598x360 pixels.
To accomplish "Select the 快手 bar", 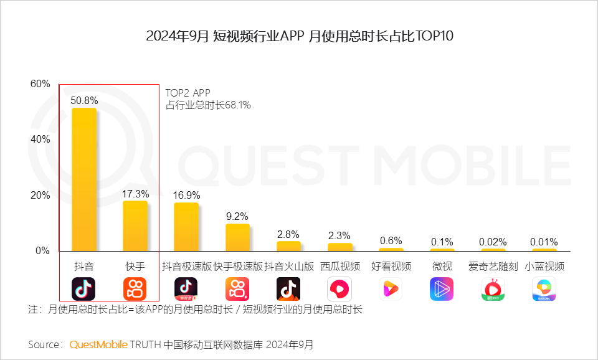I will click(135, 225).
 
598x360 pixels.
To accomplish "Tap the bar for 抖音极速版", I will click(186, 227).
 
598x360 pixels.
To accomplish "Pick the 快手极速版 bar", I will click(237, 237).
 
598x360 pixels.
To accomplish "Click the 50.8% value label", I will click(84, 100).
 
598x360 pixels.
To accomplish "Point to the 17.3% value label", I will click(135, 194).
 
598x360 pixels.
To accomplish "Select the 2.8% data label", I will click(288, 234).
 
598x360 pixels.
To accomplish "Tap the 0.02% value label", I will click(493, 242).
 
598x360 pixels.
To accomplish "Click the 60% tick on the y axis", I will click(40, 84).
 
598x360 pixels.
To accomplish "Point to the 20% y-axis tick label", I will click(40, 196).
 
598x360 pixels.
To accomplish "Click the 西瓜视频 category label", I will click(340, 267).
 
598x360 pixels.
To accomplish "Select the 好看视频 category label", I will click(391, 267).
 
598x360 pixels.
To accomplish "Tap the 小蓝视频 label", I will click(544, 267).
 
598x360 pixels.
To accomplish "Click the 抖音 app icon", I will click(84, 289).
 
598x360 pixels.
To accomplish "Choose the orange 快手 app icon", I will click(135, 289).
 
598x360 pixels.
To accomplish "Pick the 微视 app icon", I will click(442, 289).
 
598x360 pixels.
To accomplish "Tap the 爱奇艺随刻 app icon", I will click(493, 289).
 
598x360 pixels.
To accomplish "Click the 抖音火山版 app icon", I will click(288, 289).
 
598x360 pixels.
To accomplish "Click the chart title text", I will click(299, 36).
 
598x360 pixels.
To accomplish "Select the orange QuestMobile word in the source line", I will click(98, 344).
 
